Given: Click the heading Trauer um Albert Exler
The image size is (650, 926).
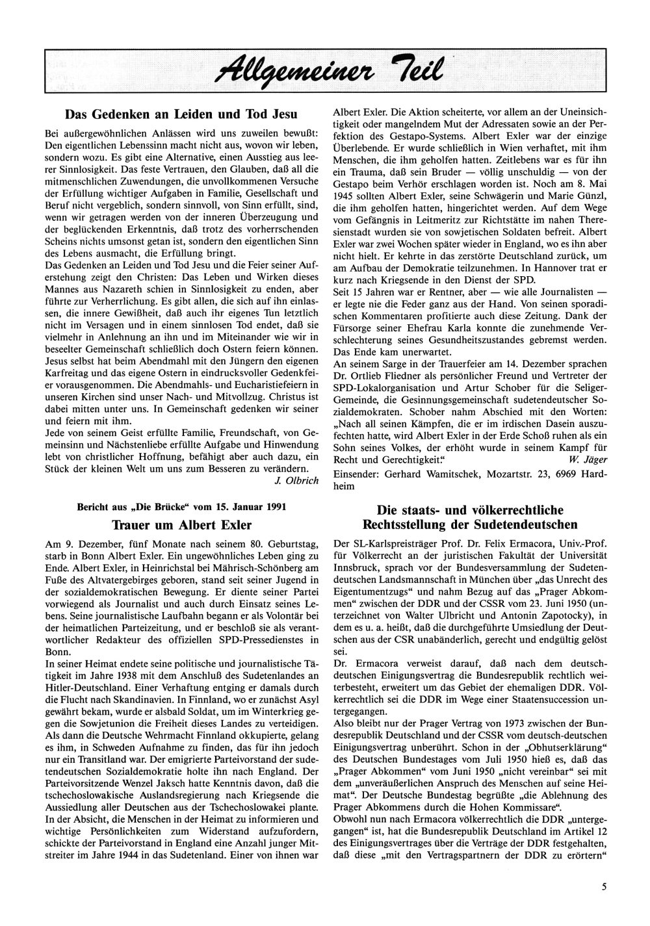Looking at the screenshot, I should point(182,524).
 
